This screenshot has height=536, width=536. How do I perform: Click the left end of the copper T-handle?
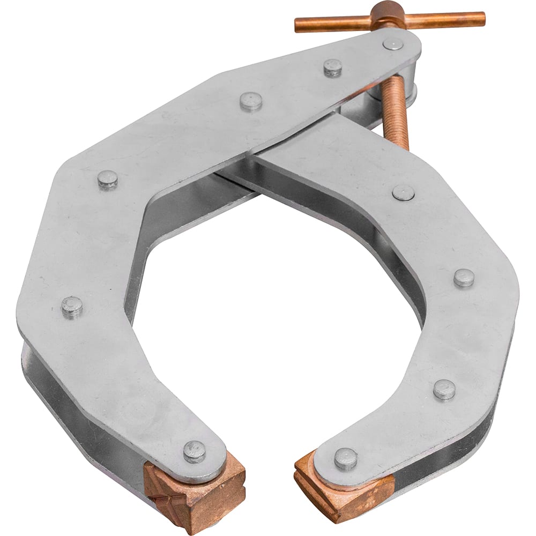click(298, 24)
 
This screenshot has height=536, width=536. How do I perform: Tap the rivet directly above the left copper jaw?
click(194, 451)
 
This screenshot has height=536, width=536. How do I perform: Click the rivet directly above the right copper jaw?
click(345, 459)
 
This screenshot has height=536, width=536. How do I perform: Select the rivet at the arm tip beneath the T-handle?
click(393, 44)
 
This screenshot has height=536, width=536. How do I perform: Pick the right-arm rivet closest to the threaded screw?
click(403, 192)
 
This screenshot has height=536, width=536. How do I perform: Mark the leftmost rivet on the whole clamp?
click(72, 307)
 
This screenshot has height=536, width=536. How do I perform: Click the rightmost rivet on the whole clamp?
click(464, 278)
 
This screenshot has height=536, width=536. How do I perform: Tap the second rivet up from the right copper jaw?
click(444, 389)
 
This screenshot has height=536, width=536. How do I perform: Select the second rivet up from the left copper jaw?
click(72, 307)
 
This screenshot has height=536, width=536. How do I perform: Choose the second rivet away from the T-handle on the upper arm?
click(333, 68)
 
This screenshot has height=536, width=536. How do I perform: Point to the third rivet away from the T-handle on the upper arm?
click(251, 101)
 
